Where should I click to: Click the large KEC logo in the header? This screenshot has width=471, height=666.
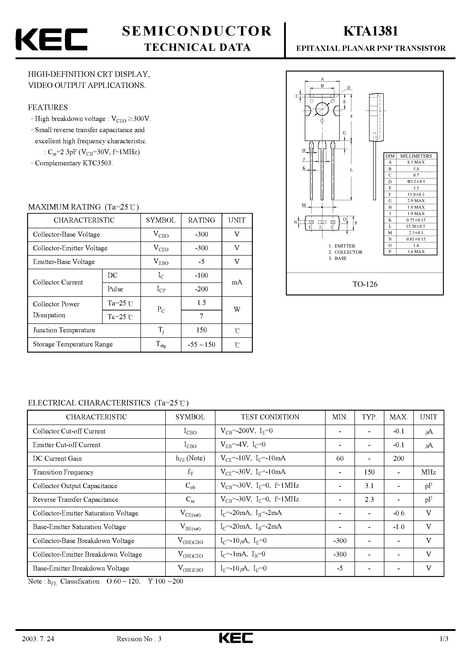(x=51, y=39)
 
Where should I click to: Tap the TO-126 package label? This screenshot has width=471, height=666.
(x=365, y=284)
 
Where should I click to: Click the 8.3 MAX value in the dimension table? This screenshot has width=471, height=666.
(x=416, y=162)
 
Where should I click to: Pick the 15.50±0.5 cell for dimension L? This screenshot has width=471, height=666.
(x=416, y=226)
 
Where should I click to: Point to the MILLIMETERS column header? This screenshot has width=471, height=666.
(x=416, y=156)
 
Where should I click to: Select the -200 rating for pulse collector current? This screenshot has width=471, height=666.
(x=201, y=289)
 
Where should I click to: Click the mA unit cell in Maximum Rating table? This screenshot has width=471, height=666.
(x=237, y=282)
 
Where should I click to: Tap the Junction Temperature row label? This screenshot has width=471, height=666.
(x=64, y=330)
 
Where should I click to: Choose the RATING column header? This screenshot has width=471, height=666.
(x=201, y=220)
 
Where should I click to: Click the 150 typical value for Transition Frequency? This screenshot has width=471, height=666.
(x=369, y=472)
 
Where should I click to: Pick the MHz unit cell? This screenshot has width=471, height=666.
(x=428, y=472)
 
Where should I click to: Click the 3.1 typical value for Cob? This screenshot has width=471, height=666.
(x=369, y=486)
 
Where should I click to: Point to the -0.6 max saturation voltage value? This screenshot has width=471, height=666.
(x=399, y=513)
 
